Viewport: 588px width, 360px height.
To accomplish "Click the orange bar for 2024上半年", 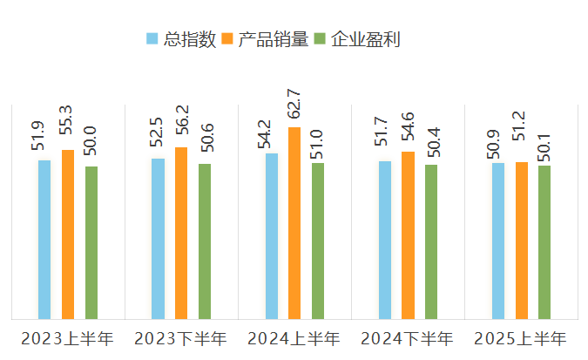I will coord(294,223).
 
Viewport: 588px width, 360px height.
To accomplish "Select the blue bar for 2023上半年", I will coord(44,240).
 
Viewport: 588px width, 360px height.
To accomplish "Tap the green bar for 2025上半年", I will coord(544,242).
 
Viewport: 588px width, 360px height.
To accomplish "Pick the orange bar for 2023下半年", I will coord(181,233).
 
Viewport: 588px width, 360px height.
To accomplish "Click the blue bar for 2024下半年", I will coord(385,240).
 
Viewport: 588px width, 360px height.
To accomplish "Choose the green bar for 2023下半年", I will coord(205,241).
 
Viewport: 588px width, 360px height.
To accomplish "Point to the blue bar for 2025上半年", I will coord(498,241).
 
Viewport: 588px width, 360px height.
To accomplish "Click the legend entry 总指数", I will coord(189,39).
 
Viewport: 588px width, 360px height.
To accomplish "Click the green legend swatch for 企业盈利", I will coord(320,39).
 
